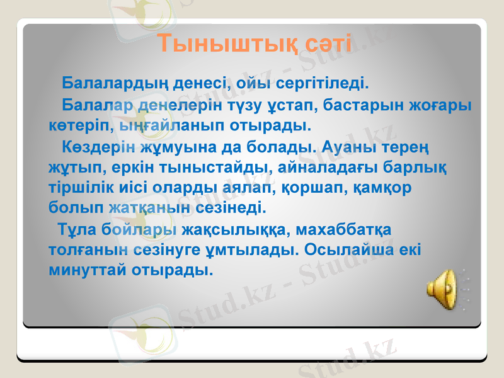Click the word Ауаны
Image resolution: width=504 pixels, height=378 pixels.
pos(349,147)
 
